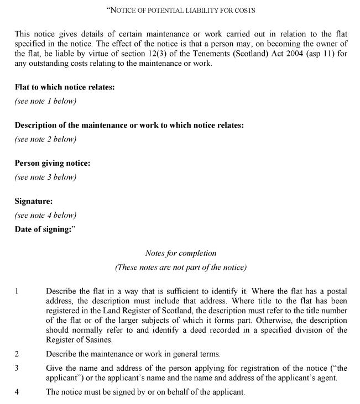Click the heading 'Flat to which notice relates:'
(x=65, y=87)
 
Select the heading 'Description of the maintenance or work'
(x=129, y=125)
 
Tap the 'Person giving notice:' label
(x=52, y=163)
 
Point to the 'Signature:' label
(x=34, y=201)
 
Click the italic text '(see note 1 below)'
(x=45, y=101)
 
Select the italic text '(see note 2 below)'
(x=45, y=139)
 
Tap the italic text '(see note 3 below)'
(x=45, y=177)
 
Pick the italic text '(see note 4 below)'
(x=45, y=216)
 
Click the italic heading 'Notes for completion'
(x=180, y=253)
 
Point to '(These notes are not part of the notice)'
(x=180, y=267)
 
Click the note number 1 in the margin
(x=17, y=290)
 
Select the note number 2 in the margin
(x=17, y=354)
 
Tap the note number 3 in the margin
(x=17, y=368)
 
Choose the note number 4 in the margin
(x=17, y=392)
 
